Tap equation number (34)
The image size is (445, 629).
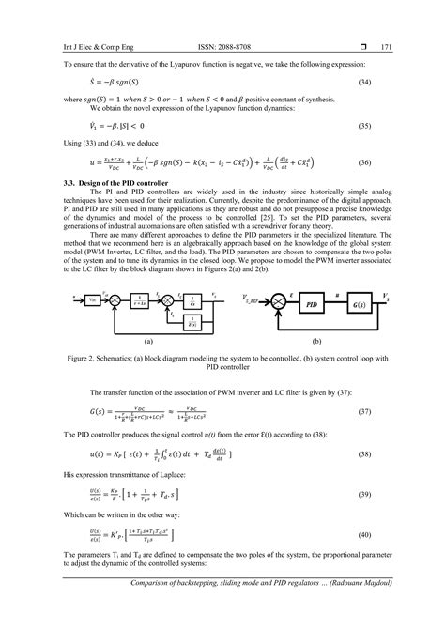384,84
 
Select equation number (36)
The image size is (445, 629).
384,161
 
